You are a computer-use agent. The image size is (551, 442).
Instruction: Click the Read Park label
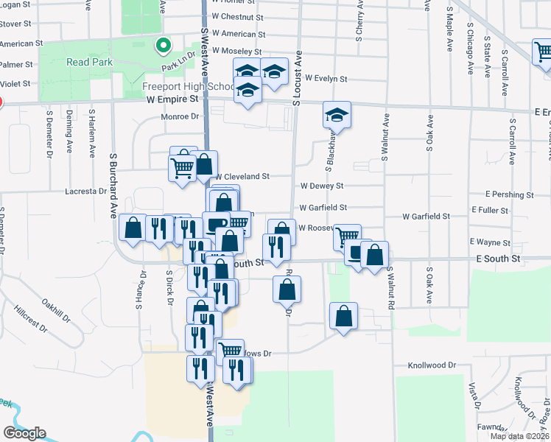point(90,63)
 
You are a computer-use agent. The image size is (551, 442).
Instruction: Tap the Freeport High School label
point(178,86)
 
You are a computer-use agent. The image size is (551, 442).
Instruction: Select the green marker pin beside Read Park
point(164,46)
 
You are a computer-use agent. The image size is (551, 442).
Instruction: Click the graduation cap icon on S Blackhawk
point(337,115)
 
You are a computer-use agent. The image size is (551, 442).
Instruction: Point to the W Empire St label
point(172,99)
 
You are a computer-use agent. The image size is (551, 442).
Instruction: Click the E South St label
point(498,259)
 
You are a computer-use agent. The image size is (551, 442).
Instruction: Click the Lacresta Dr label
point(85,191)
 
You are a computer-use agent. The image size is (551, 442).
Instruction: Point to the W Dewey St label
point(321,187)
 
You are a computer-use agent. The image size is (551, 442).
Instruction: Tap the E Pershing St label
point(509,195)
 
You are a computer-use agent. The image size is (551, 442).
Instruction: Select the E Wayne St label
point(490,242)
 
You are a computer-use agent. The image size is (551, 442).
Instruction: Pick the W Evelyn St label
point(326,78)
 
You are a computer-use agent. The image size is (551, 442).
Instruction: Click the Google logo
point(24,433)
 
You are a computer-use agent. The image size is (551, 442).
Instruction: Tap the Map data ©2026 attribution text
point(519,436)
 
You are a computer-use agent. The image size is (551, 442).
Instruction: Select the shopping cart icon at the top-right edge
point(544,52)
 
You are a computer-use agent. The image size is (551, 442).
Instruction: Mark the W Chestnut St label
point(237,16)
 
